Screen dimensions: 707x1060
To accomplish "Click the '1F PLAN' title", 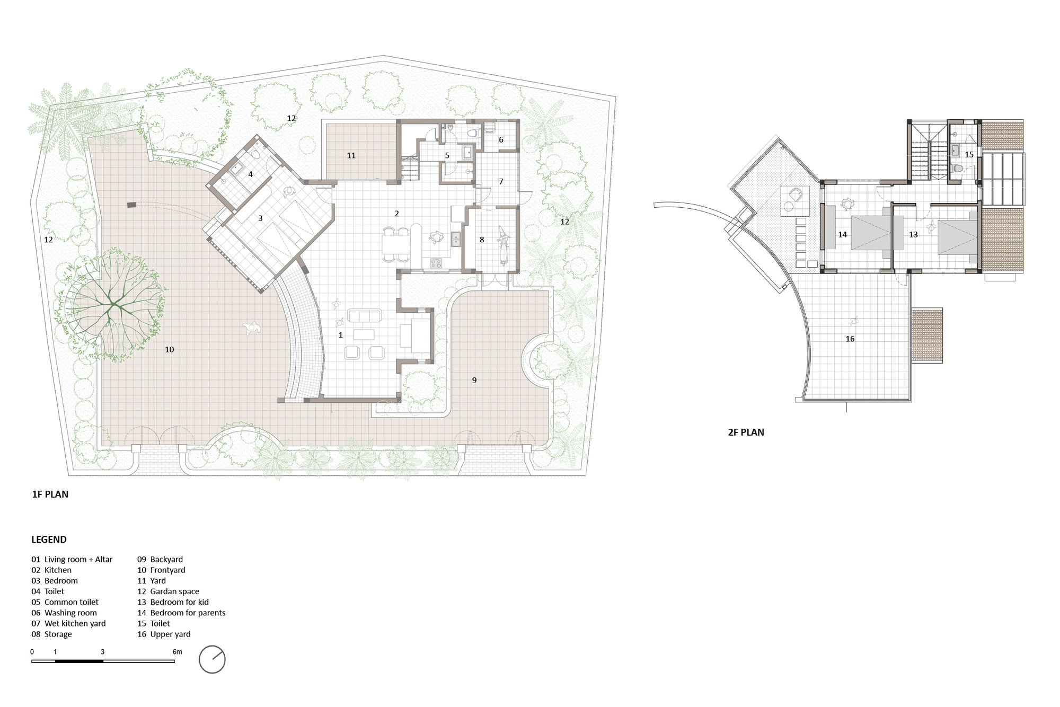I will click(50, 494).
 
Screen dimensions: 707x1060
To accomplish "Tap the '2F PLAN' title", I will click(746, 432).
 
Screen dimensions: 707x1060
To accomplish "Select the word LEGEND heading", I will click(49, 540).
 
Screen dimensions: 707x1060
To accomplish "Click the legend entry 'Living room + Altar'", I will click(78, 559).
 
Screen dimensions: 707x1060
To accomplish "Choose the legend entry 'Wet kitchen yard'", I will click(75, 623).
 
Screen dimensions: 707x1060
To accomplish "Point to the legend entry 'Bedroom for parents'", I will click(188, 613).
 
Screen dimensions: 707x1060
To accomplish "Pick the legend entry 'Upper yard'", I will click(170, 634).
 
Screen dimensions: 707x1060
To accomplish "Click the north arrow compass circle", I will click(212, 659).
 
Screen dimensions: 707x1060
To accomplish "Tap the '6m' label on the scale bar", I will click(177, 652).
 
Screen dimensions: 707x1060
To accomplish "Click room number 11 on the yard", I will click(351, 155).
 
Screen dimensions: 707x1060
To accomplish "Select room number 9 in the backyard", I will click(474, 380).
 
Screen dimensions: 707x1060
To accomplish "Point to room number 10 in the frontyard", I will click(170, 349).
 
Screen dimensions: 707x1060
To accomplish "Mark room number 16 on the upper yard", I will click(850, 339).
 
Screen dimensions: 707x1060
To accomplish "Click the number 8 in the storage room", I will click(482, 240).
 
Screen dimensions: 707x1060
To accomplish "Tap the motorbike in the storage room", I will click(502, 245).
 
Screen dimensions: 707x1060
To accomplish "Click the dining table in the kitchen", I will click(395, 244).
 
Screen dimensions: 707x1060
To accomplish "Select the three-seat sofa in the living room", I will click(364, 316).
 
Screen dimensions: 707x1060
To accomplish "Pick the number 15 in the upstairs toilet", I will click(969, 155).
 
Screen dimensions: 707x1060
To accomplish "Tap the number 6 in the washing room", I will click(501, 140).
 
